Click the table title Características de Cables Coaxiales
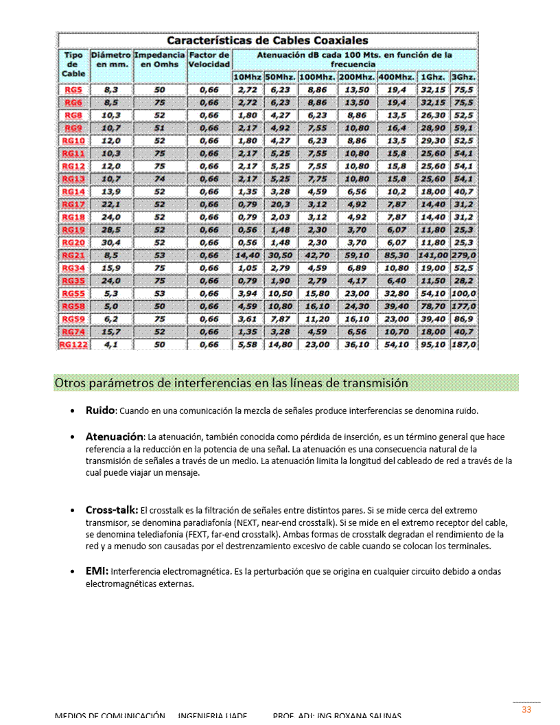[x=268, y=41]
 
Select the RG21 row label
[x=73, y=255]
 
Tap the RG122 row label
[x=73, y=345]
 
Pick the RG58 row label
[x=73, y=306]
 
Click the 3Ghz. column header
[x=464, y=77]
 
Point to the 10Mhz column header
[x=247, y=77]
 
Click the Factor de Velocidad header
[x=209, y=59]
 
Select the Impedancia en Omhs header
[x=159, y=59]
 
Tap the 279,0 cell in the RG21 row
[x=464, y=255]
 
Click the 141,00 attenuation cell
[x=432, y=255]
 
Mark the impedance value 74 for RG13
[x=159, y=179]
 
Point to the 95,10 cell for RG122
[x=432, y=345]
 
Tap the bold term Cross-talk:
[x=112, y=510]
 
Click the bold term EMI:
[x=97, y=571]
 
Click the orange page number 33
[x=526, y=710]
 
